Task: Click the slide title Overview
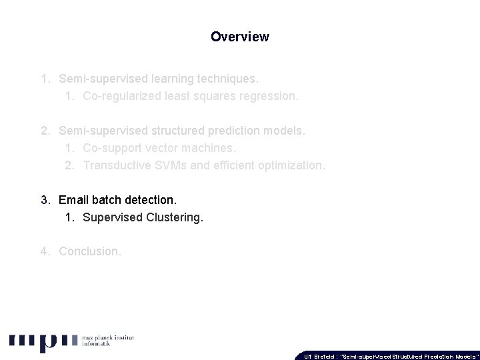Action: [240, 37]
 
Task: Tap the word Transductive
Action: [117, 165]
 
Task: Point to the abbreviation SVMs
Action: [169, 165]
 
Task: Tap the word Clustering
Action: [173, 217]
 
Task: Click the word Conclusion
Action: [90, 251]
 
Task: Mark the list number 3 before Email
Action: [44, 199]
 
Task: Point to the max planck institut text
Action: [107, 339]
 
